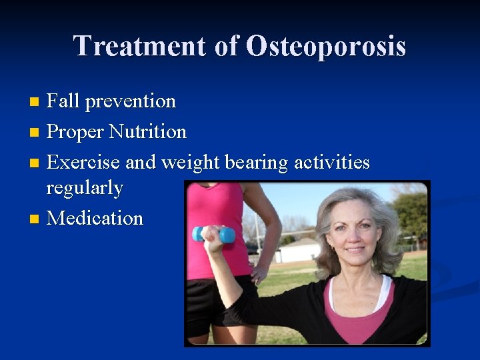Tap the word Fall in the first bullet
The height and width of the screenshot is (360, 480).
point(63,101)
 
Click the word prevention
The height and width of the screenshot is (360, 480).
point(131,101)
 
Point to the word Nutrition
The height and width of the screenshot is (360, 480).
point(147,131)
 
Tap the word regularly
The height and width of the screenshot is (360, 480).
point(85,188)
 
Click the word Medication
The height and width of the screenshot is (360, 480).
point(95,218)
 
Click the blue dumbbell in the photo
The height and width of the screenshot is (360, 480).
point(214,233)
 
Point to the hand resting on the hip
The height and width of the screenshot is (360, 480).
point(260,273)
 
